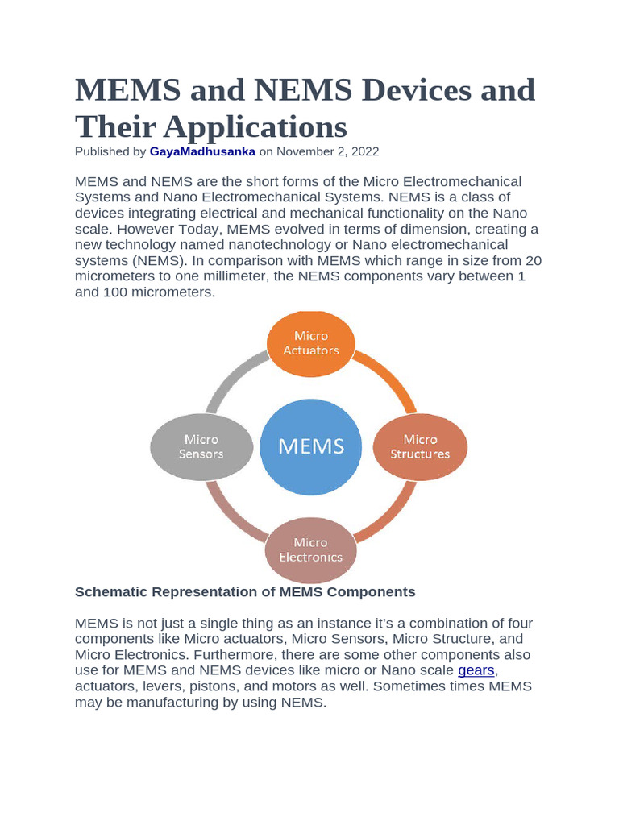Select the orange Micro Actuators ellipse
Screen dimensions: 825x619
[310, 343]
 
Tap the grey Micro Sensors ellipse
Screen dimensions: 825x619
[201, 447]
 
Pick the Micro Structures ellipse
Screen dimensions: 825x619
[420, 447]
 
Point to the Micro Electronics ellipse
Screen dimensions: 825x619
[310, 549]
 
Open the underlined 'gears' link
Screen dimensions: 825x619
[476, 670]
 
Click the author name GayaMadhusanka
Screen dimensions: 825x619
[202, 151]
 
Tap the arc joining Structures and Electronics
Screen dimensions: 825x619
[391, 517]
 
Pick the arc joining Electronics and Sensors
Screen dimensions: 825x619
[230, 517]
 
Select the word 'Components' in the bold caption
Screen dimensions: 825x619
[369, 592]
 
